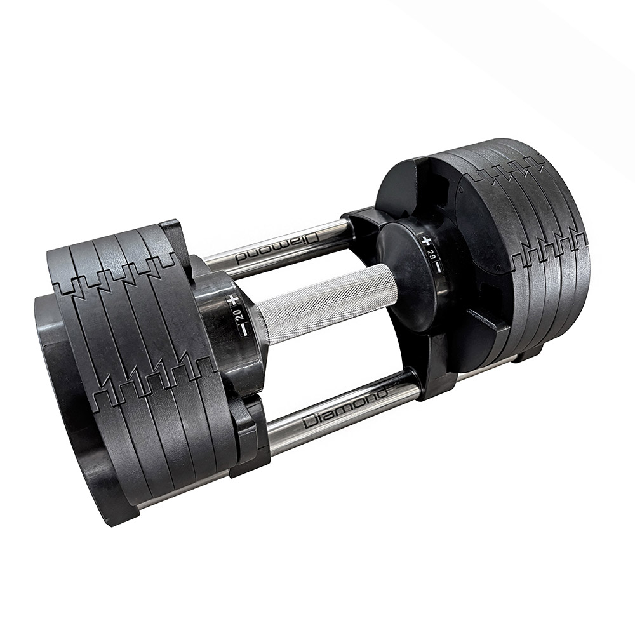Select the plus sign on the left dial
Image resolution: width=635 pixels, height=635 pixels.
[236, 299]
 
